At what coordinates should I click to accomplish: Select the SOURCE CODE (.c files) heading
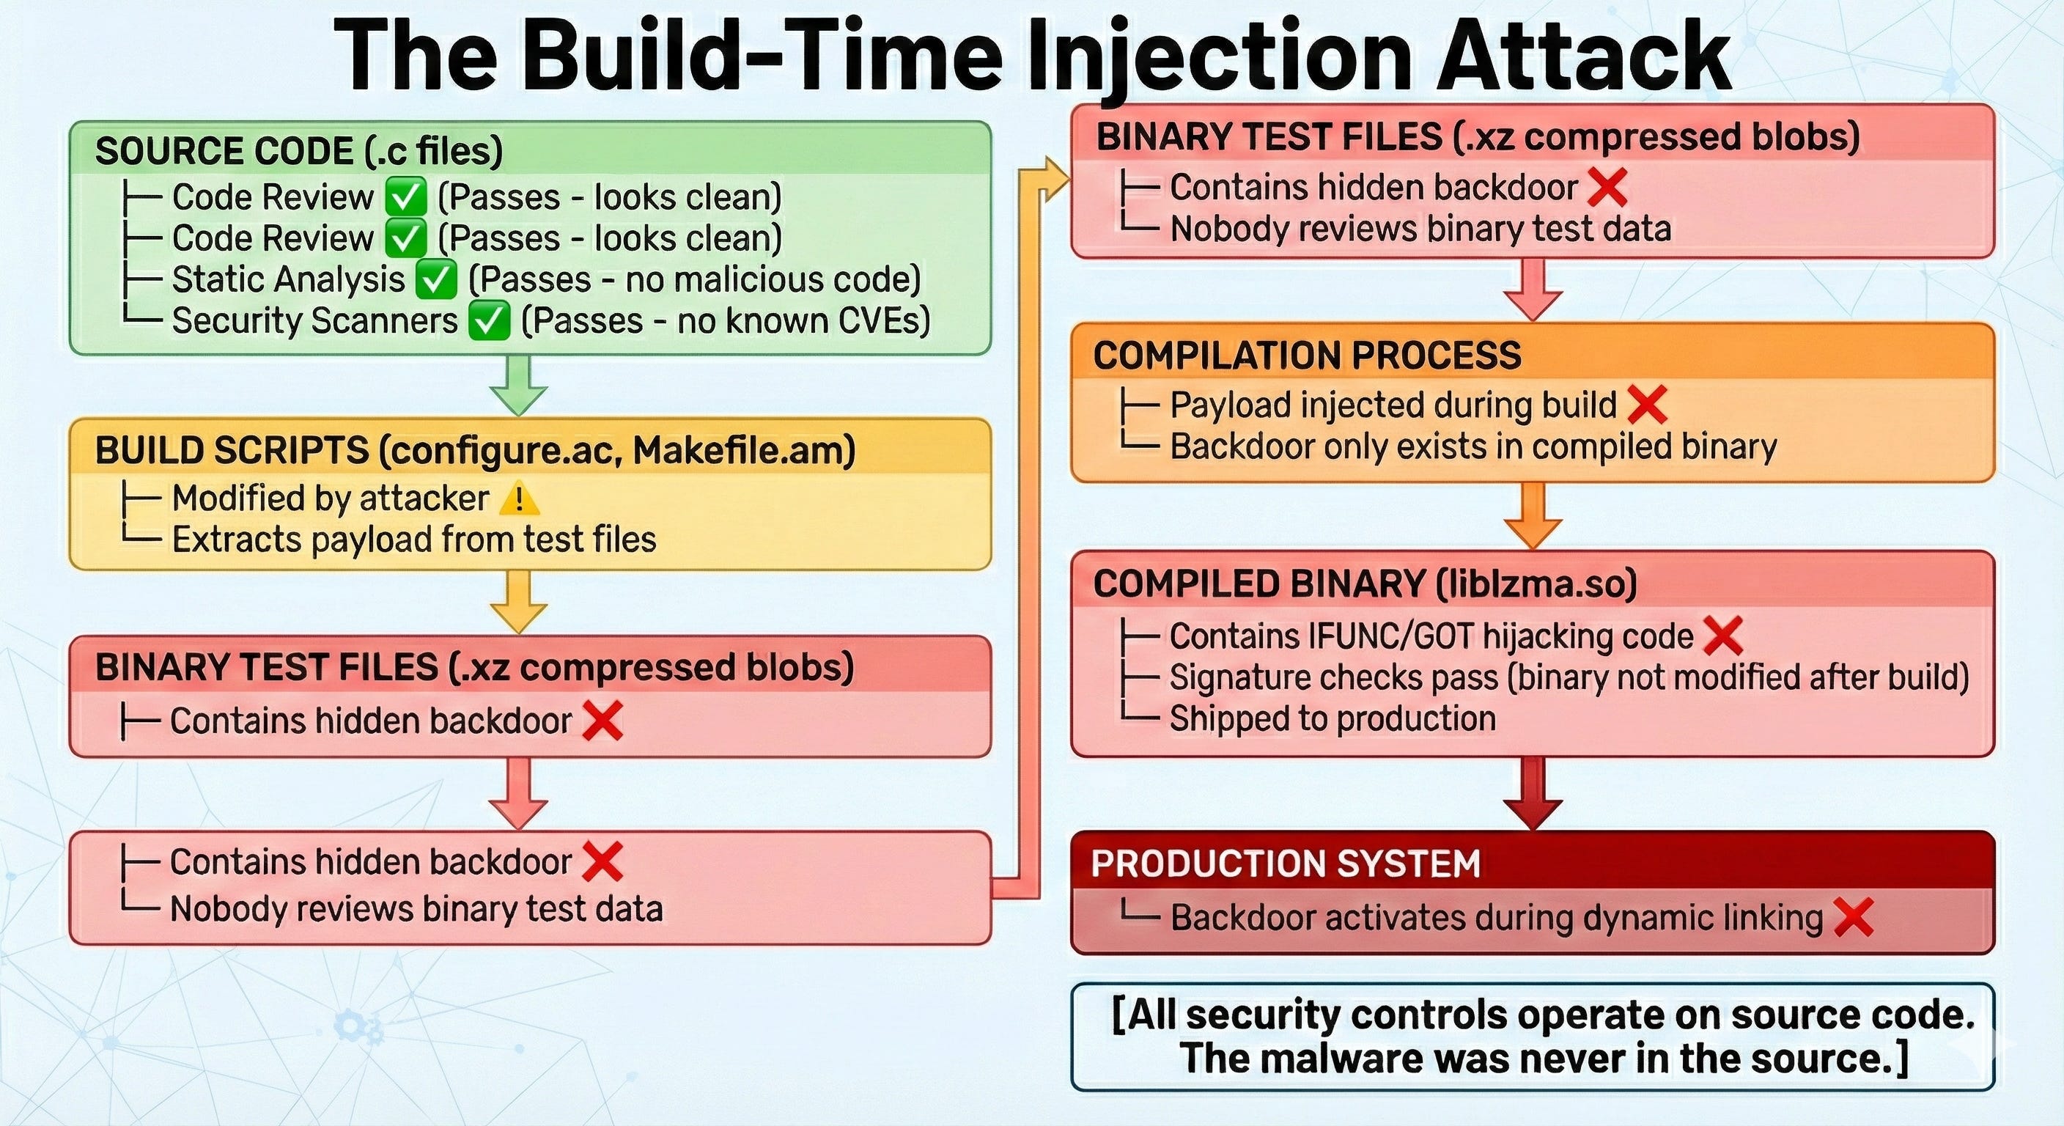pos(299,151)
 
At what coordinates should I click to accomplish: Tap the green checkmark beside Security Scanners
pos(489,321)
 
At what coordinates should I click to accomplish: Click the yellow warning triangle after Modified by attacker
pos(518,498)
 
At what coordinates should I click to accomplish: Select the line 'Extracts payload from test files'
pos(413,540)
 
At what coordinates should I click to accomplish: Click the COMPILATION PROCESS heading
pos(1307,355)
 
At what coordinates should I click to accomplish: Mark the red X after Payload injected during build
pos(1648,405)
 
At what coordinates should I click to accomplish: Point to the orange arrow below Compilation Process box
pos(1533,517)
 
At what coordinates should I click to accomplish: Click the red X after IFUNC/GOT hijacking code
pos(1723,636)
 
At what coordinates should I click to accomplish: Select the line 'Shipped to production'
pos(1333,719)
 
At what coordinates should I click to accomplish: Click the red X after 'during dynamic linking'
pos(1852,918)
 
